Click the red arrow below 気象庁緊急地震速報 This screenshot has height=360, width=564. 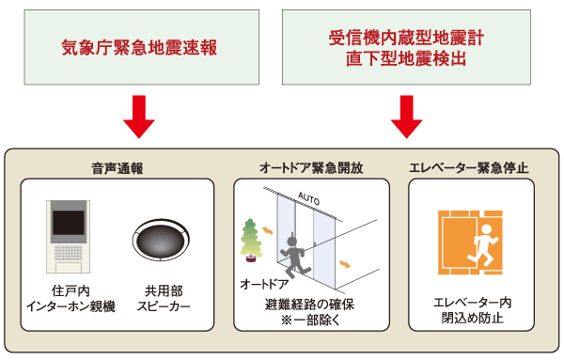click(139, 115)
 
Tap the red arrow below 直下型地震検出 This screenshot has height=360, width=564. click(407, 115)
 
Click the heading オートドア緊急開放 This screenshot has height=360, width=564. click(311, 167)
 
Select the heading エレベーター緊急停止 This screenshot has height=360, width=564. click(469, 167)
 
